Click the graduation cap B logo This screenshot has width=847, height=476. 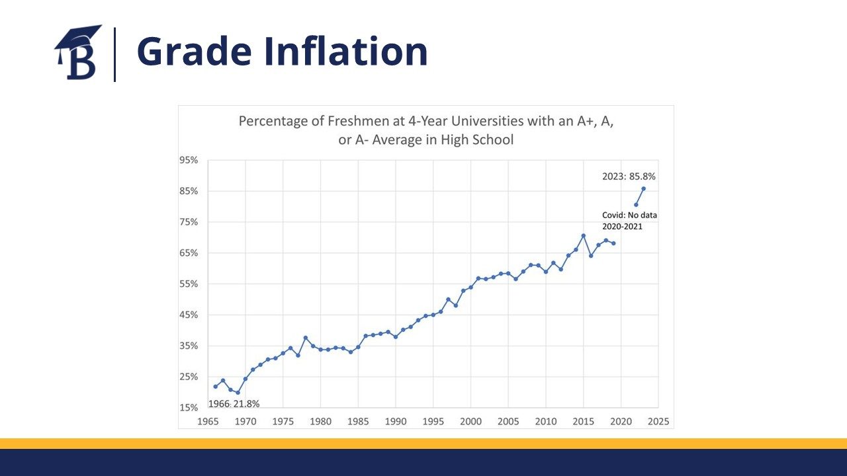pyautogui.click(x=78, y=53)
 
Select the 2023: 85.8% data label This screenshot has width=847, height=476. pyautogui.click(x=629, y=177)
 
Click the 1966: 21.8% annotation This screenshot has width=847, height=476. pyautogui.click(x=234, y=404)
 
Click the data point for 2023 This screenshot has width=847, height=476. pyautogui.click(x=644, y=188)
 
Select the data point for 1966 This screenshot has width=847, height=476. pyautogui.click(x=216, y=386)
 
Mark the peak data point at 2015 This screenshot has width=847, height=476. pyautogui.click(x=583, y=235)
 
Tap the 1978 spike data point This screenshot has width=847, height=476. pyautogui.click(x=306, y=338)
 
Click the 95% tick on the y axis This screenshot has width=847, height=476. pyautogui.click(x=189, y=161)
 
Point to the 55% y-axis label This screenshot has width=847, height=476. pyautogui.click(x=189, y=284)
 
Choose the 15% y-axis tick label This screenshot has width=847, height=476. pyautogui.click(x=189, y=408)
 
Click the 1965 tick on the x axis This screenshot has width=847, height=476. pyautogui.click(x=208, y=421)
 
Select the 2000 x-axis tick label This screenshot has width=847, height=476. pyautogui.click(x=470, y=421)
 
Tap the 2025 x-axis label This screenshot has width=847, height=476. pyautogui.click(x=658, y=421)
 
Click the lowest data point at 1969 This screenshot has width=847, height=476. pyautogui.click(x=238, y=393)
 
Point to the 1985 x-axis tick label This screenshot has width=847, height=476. pyautogui.click(x=358, y=421)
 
